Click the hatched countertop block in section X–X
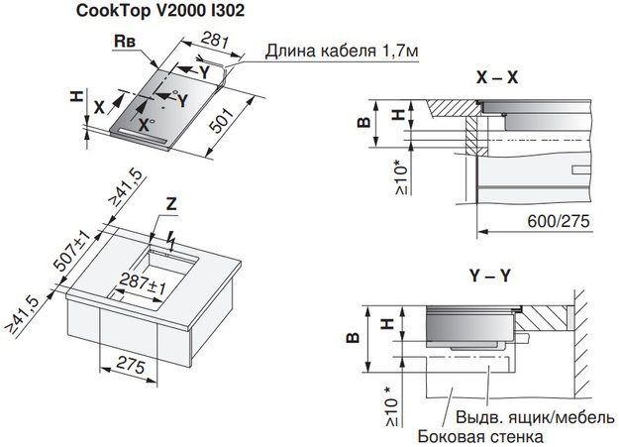point(457,107)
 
